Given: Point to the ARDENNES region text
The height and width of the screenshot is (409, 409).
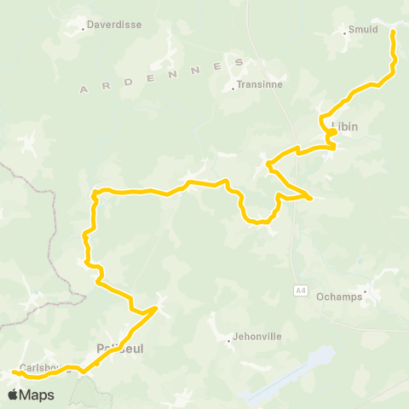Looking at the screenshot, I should coord(162,76).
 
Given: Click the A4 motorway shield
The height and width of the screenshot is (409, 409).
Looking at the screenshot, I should coord(301,291).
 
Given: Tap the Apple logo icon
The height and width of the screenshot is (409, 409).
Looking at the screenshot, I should coord(14,395).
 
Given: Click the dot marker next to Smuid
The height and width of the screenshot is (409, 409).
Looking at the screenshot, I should coord(344,32).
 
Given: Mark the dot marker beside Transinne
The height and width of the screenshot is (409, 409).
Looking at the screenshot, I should coord(233,86).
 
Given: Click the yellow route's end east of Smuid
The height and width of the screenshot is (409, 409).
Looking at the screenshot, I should coord(393,32).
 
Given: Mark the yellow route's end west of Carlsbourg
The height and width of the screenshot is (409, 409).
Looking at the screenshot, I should coord(14,372).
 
